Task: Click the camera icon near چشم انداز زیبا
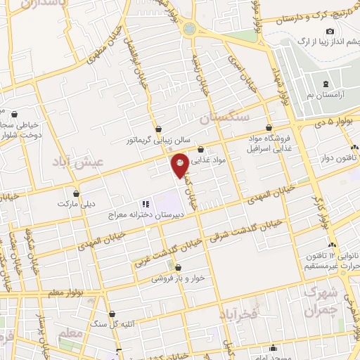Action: tap(330, 31)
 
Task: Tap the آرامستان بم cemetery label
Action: tap(326, 94)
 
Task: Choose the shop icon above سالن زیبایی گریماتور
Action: tap(159, 129)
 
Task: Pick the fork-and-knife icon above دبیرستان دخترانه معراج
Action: tap(146, 203)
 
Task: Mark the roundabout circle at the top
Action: tap(188, 30)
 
